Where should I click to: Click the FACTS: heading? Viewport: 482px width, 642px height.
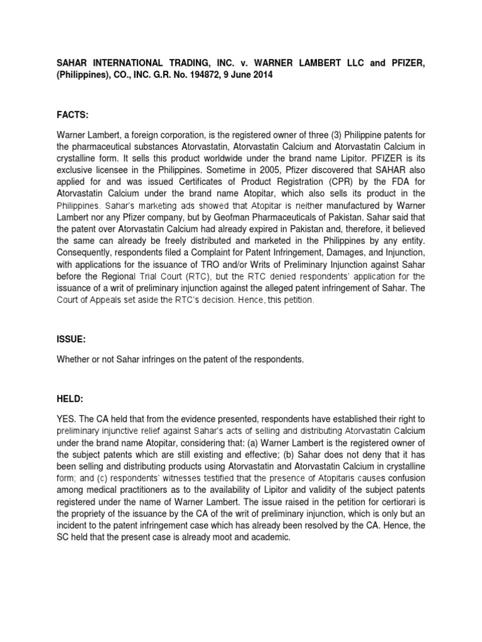[x=72, y=98]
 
